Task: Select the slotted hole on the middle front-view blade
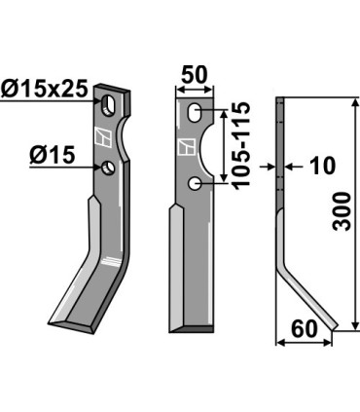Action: click(x=198, y=112)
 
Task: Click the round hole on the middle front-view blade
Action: click(x=198, y=183)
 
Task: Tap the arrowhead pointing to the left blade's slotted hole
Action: click(x=100, y=98)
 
